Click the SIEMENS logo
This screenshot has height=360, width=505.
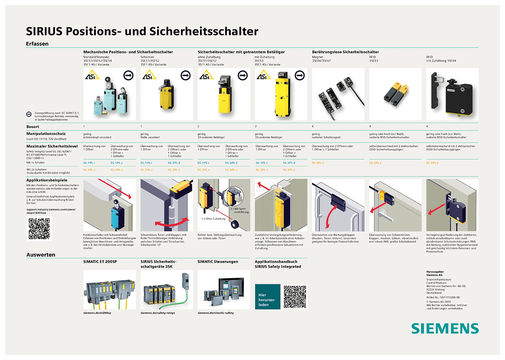point(444,328)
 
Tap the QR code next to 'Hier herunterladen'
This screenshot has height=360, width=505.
point(295,296)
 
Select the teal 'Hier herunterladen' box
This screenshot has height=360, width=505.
point(267,296)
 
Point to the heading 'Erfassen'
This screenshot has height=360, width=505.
point(37,44)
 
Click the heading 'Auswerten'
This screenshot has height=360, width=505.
point(41,255)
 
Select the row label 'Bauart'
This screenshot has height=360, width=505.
point(33,126)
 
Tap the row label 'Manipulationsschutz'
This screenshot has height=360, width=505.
point(48,133)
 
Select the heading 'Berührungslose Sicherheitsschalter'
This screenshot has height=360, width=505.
point(345,52)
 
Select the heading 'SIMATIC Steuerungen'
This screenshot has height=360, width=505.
point(218,262)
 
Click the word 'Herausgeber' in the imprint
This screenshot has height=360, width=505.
point(435,271)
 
